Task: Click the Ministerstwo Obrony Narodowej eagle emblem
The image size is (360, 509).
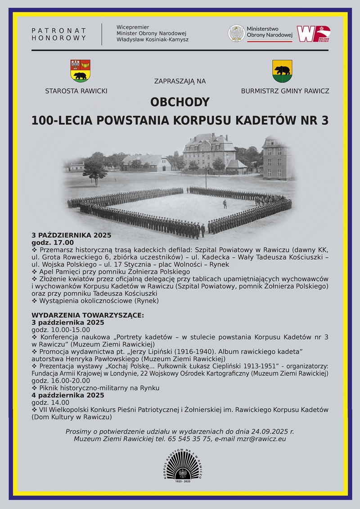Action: (236, 34)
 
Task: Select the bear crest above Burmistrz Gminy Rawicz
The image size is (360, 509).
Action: (282, 71)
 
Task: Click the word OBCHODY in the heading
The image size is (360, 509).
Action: (180, 103)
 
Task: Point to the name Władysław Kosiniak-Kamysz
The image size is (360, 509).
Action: (152, 40)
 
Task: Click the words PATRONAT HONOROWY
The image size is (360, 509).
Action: (59, 34)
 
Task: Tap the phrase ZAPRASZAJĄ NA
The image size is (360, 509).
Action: (180, 81)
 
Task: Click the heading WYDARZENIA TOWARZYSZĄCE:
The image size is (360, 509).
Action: (88, 315)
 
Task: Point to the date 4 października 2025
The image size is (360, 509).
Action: (67, 395)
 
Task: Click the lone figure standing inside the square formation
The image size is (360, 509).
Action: (225, 204)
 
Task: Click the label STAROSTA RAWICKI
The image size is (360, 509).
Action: (76, 91)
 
